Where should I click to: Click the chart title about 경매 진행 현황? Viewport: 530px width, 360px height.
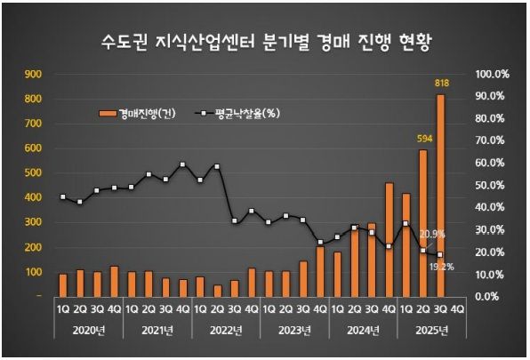pos(264,40)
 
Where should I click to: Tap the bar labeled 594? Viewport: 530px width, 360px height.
pos(422,222)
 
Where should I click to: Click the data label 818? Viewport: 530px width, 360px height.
pos(440,83)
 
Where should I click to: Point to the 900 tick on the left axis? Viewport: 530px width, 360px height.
pos(33,75)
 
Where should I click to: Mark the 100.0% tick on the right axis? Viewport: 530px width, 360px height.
pos(492,75)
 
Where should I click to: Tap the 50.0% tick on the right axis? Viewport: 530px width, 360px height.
pos(492,185)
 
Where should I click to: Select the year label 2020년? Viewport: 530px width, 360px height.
pos(89,332)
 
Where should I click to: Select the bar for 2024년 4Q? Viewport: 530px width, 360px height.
pos(389,239)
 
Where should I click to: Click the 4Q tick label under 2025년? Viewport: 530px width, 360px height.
pos(457,310)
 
